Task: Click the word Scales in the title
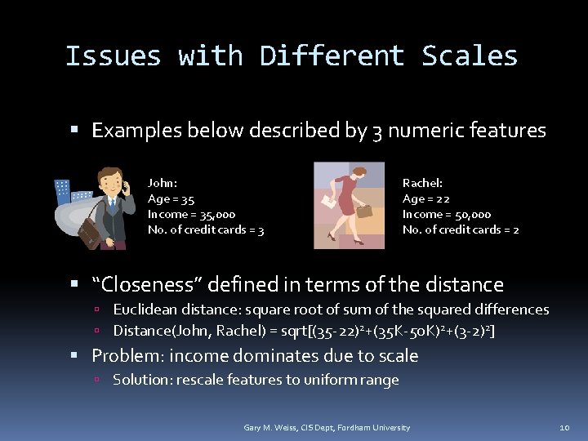pos(470,56)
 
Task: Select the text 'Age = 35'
pos(171,198)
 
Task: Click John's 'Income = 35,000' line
pos(191,214)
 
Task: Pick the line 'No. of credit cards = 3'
pos(205,229)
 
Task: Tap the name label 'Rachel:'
pos(422,183)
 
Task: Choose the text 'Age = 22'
pos(425,198)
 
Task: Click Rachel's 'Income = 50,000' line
pos(447,214)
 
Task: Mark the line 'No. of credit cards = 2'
pos(461,229)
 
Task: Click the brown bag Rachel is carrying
pos(364,211)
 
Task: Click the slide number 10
pos(564,428)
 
